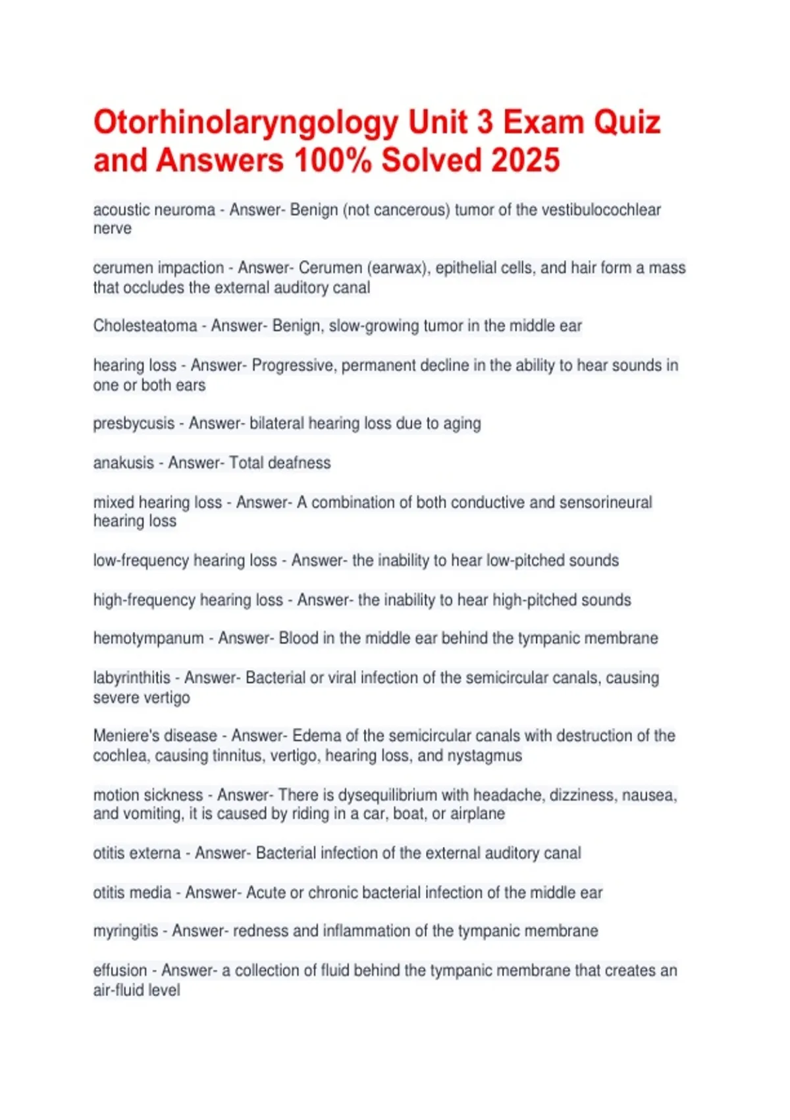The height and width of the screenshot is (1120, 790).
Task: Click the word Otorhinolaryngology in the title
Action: click(x=246, y=123)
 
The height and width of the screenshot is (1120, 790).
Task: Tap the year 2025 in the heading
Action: click(x=525, y=161)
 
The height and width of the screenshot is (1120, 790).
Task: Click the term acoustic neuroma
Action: click(x=154, y=210)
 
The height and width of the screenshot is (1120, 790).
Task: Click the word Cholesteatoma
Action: click(x=145, y=326)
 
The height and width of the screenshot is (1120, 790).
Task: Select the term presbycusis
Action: click(x=134, y=424)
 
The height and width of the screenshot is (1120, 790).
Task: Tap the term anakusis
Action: click(x=123, y=463)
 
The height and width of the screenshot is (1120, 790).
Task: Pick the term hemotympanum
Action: click(x=148, y=638)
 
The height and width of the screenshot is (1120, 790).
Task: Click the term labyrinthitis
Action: click(x=132, y=678)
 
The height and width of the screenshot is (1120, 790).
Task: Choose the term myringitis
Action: click(x=126, y=931)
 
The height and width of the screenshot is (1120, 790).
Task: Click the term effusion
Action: click(x=120, y=970)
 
